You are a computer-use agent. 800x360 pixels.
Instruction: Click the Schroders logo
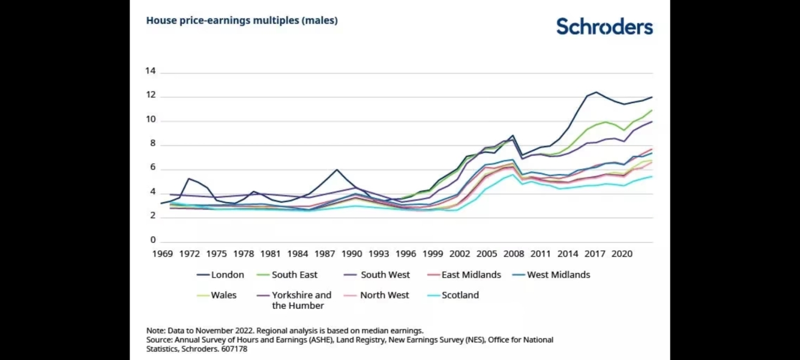tap(604, 26)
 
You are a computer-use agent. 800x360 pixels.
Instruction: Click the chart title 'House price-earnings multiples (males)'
tap(242, 20)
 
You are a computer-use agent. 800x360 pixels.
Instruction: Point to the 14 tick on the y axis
tap(150, 71)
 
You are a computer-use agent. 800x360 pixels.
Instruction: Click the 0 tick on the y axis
tap(152, 240)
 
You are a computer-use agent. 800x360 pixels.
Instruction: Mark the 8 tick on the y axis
tap(152, 144)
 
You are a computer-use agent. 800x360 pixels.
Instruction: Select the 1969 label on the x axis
tap(162, 254)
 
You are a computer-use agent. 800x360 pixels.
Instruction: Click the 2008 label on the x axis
tap(514, 254)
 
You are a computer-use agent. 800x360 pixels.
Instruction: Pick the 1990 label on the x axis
tap(352, 254)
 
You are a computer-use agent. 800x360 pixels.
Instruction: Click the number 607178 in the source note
tap(234, 349)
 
